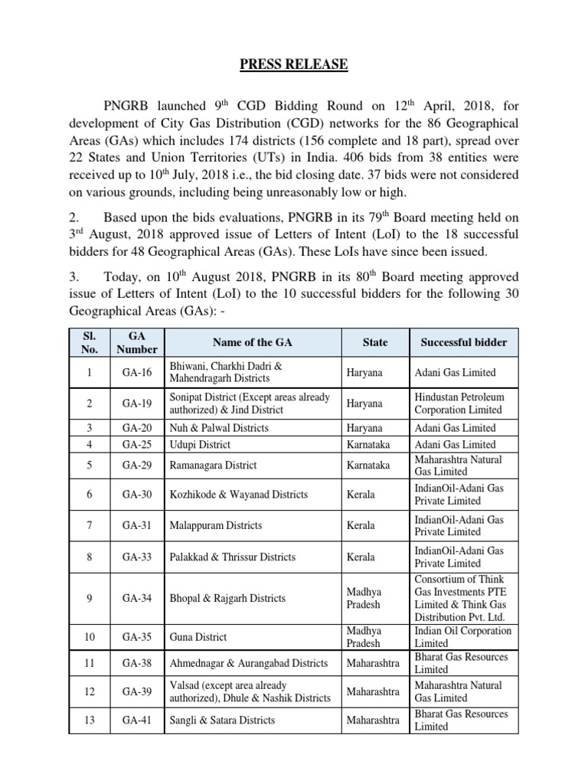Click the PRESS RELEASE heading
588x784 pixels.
tap(293, 64)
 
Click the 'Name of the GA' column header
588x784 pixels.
tap(250, 342)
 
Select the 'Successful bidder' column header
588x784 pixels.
tap(463, 342)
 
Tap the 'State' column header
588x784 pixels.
tap(375, 342)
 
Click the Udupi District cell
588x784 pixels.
tap(200, 444)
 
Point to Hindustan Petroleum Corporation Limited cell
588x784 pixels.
tap(459, 403)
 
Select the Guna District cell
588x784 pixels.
tap(198, 637)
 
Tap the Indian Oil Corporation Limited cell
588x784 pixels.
tap(462, 637)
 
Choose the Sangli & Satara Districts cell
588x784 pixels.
tap(221, 720)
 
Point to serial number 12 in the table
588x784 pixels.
tap(90, 691)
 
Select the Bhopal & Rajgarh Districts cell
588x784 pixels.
tap(227, 598)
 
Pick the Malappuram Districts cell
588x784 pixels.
tap(215, 525)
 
